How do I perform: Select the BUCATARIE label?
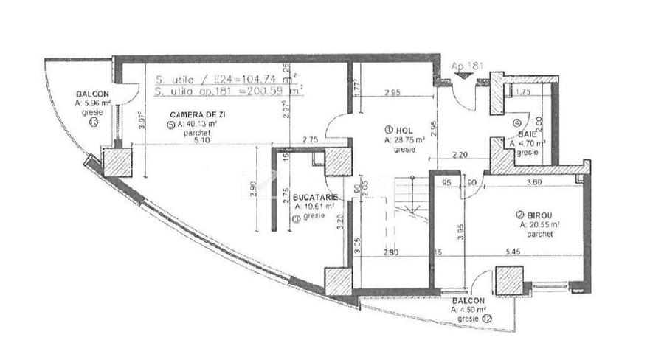[x=315, y=198]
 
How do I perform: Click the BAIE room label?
[x=527, y=134]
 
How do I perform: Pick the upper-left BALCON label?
[x=92, y=94]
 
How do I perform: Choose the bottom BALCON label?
[x=468, y=301]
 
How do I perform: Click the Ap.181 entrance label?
[x=468, y=66]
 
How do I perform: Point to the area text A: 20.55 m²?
[x=539, y=225]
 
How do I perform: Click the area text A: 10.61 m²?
[x=314, y=207]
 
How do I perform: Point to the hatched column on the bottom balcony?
[x=509, y=281]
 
